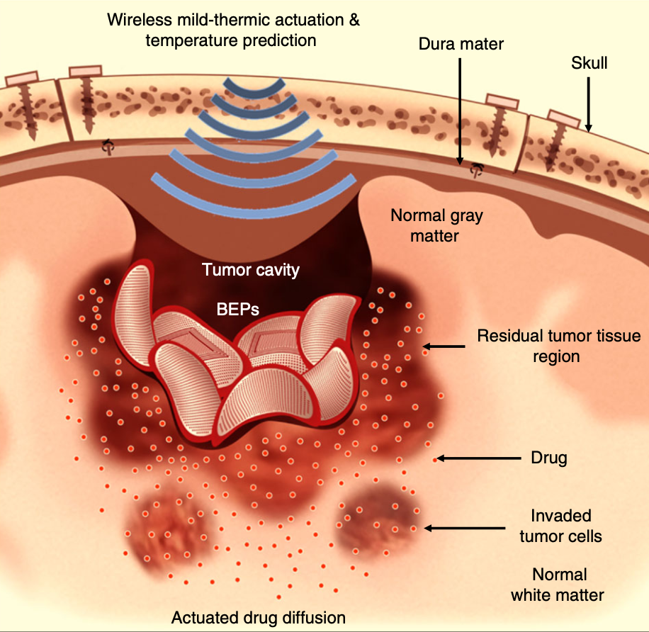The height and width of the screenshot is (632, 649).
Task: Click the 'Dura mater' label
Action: point(460,44)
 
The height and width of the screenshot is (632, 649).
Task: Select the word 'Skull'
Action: point(589,63)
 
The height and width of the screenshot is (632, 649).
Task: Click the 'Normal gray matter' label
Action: point(436,225)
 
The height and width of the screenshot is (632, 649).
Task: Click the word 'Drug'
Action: point(549,458)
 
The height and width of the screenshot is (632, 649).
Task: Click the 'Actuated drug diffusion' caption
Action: point(259,616)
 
